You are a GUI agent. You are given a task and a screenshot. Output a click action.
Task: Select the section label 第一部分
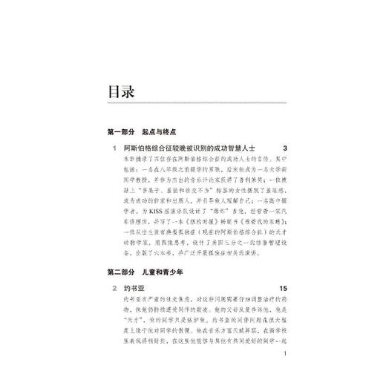(x=122, y=131)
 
